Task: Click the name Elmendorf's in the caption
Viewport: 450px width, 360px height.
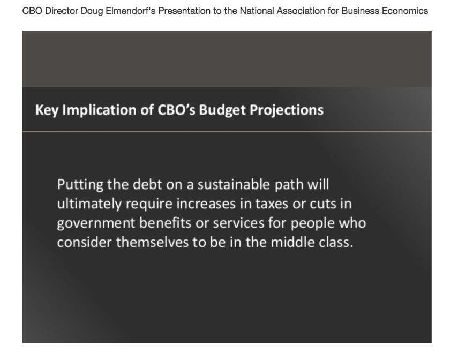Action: click(131, 11)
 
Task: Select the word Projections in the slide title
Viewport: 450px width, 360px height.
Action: click(287, 110)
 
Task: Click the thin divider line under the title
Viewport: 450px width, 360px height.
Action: click(227, 132)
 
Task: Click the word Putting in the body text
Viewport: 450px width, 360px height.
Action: click(80, 185)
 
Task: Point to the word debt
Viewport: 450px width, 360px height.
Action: click(147, 184)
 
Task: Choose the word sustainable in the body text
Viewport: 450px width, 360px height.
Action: click(234, 184)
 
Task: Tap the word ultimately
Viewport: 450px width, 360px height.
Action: click(89, 204)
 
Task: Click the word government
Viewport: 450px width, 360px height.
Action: click(96, 223)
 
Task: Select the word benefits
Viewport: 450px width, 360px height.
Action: click(165, 223)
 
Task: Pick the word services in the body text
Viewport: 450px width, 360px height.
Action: click(238, 223)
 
